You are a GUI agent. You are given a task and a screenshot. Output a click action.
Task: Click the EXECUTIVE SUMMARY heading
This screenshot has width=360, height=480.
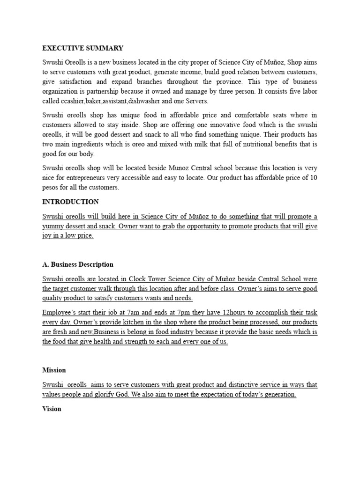click(83, 48)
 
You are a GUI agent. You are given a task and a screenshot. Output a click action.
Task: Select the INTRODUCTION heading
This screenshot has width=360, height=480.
click(70, 202)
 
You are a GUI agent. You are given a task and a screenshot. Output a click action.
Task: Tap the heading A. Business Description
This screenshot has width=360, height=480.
click(78, 264)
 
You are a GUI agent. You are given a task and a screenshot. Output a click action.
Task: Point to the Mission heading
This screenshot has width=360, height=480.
click(54, 370)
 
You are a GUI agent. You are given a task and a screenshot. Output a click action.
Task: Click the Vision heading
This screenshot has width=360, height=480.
click(52, 409)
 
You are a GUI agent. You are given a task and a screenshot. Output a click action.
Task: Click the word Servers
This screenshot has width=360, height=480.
click(196, 101)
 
